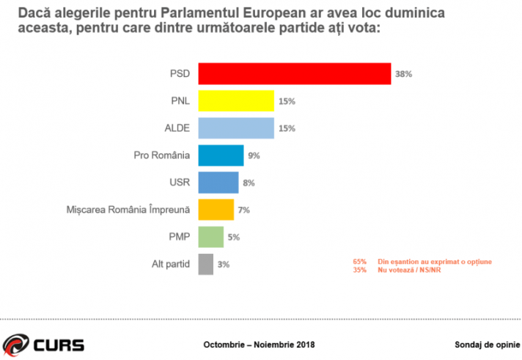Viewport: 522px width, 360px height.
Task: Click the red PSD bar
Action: pyautogui.click(x=295, y=73)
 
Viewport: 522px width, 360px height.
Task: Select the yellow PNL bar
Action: pyautogui.click(x=236, y=100)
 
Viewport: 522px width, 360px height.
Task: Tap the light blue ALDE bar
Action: pyautogui.click(x=236, y=128)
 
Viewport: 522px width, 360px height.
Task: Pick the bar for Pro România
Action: pyautogui.click(x=221, y=155)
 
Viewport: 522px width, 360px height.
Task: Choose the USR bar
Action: pyautogui.click(x=218, y=182)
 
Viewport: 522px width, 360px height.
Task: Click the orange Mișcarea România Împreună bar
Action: pyautogui.click(x=216, y=210)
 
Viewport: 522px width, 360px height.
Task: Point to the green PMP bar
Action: pyautogui.click(x=211, y=237)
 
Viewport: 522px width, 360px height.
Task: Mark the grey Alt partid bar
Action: pyautogui.click(x=206, y=263)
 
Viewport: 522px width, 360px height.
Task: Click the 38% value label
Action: pyautogui.click(x=405, y=74)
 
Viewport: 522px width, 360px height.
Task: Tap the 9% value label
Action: pyautogui.click(x=254, y=155)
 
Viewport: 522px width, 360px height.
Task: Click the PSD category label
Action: pyautogui.click(x=180, y=73)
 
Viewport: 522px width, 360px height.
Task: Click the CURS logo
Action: pyautogui.click(x=44, y=343)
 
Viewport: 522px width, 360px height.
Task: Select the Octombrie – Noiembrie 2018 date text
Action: pyautogui.click(x=258, y=344)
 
